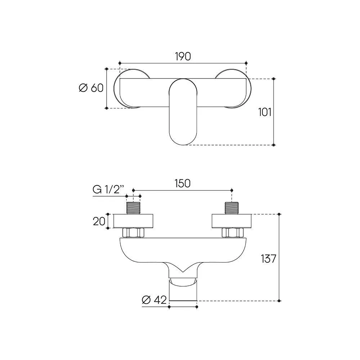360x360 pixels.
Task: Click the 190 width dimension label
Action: coord(183,57)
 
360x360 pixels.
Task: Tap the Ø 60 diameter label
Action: coord(91,88)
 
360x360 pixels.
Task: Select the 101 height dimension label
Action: coord(265,112)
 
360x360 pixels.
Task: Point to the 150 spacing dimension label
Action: coord(183,184)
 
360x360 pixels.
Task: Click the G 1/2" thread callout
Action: coord(108,190)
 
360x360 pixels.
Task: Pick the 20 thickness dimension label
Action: coord(99,221)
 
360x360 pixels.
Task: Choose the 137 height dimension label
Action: coord(269,259)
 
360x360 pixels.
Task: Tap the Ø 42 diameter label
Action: coord(154,300)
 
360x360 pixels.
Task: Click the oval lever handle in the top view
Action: coord(183,112)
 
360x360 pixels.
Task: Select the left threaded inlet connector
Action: coord(134,208)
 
